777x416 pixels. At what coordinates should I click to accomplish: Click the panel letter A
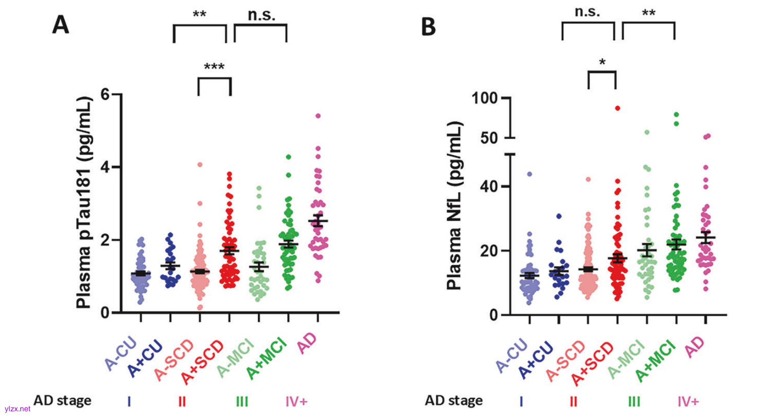click(x=60, y=25)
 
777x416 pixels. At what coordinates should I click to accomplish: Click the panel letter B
click(x=428, y=26)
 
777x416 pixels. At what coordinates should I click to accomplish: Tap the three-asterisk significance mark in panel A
click(x=214, y=67)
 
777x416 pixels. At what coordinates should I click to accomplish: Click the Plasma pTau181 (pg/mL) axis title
click(x=84, y=203)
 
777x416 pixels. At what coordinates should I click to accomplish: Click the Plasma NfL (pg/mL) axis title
click(x=454, y=205)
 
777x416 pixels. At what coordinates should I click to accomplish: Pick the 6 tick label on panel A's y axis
click(x=105, y=94)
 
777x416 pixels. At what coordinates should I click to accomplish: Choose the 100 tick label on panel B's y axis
click(x=485, y=98)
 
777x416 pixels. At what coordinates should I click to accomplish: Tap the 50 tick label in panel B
click(x=489, y=138)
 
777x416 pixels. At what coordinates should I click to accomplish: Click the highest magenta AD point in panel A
click(x=318, y=116)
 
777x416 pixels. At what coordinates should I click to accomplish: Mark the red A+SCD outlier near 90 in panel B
click(x=617, y=108)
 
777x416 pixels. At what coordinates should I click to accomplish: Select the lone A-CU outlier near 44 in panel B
click(x=529, y=174)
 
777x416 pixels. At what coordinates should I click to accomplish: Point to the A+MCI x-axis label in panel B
click(x=656, y=360)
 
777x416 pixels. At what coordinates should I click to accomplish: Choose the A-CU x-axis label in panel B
click(x=512, y=356)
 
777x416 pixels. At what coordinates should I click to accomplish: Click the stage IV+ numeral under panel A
click(x=297, y=401)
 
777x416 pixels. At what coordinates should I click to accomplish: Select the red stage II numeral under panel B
click(x=573, y=401)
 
